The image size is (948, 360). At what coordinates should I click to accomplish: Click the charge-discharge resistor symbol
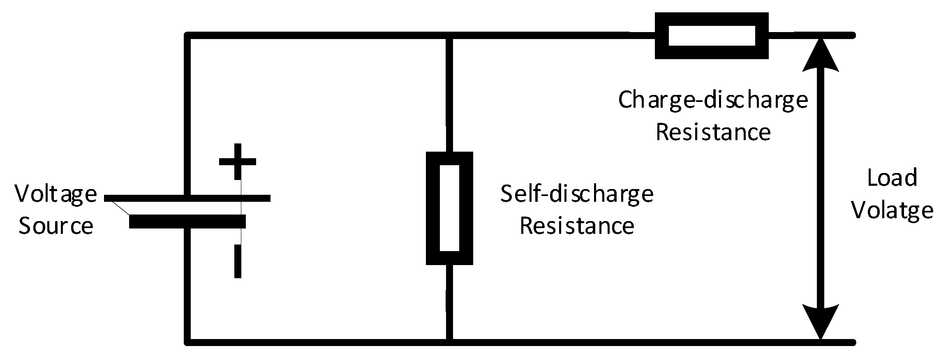click(711, 36)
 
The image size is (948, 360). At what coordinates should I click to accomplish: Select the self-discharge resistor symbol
click(449, 208)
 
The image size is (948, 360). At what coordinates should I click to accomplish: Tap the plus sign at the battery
click(238, 161)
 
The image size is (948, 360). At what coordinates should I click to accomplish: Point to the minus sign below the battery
click(238, 261)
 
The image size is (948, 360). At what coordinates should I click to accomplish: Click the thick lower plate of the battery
click(187, 221)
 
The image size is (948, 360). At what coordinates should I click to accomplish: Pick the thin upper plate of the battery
click(187, 198)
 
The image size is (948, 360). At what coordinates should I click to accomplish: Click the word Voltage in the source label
click(56, 195)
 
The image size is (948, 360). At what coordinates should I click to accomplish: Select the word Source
click(56, 226)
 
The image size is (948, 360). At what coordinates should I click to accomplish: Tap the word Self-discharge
click(576, 195)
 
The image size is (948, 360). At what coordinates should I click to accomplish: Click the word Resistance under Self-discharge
click(576, 226)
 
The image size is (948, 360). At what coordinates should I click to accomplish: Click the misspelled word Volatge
click(892, 210)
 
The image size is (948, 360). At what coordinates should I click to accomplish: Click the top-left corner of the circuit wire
click(188, 36)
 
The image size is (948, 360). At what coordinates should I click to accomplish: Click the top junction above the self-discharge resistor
click(449, 36)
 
